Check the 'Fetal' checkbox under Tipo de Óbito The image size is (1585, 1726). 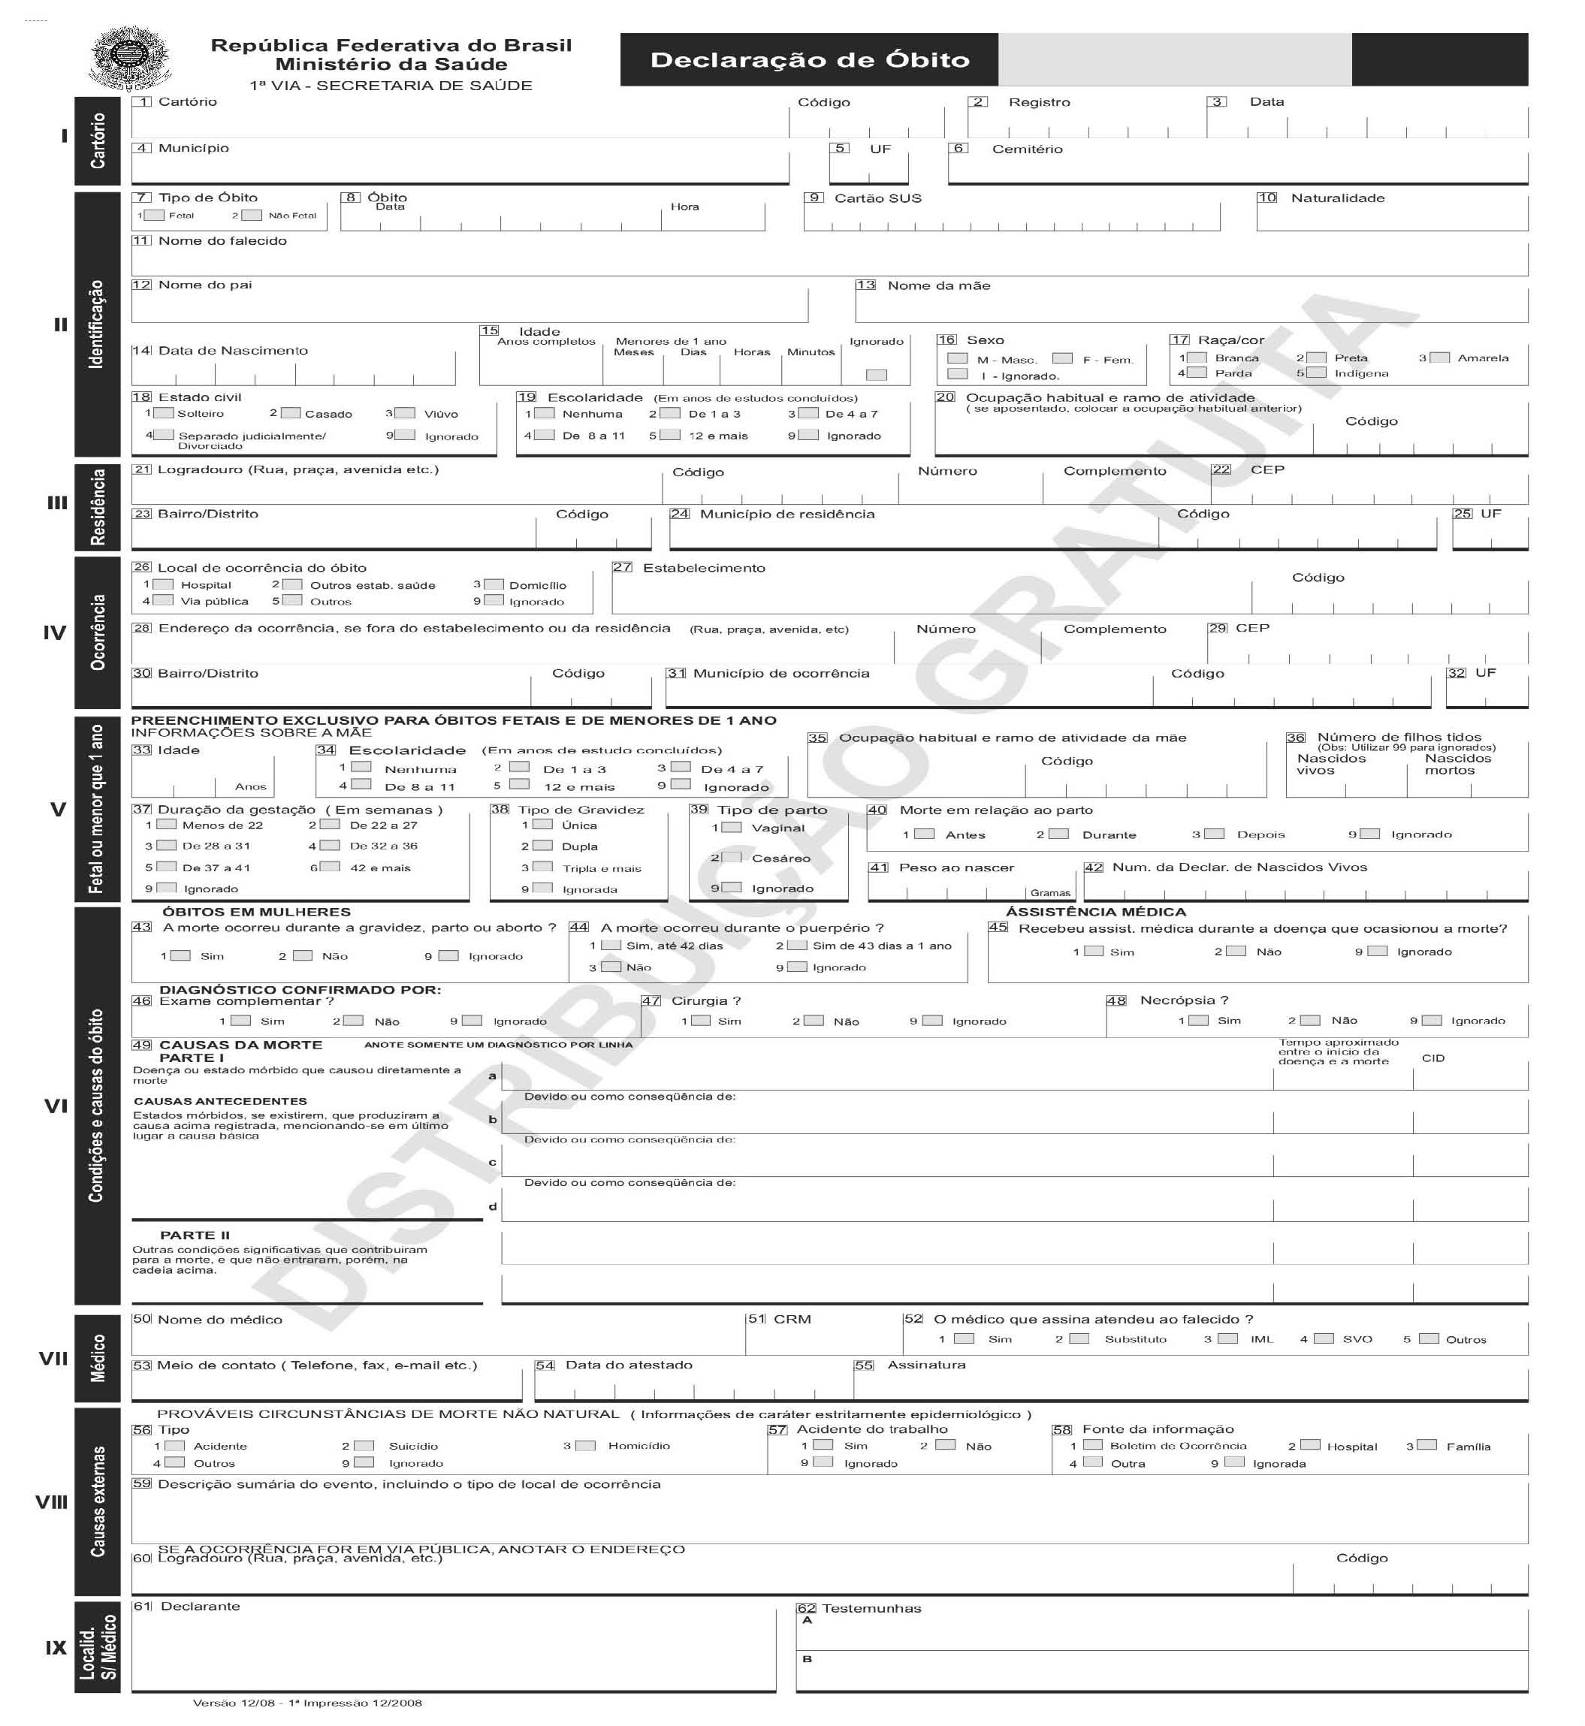pos(155,216)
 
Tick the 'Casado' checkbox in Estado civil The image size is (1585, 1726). pos(291,413)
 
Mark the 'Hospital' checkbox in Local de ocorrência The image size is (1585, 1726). pos(164,585)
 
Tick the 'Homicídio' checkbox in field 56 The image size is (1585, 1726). pos(586,1446)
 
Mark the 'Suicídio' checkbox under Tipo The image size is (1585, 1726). pos(364,1446)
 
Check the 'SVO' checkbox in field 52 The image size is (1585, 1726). pos(1324,1338)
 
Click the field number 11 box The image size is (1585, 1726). pos(140,241)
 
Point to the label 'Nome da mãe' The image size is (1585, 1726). pos(938,285)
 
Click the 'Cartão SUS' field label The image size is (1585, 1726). pos(877,198)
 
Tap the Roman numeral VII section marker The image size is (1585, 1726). pos(53,1358)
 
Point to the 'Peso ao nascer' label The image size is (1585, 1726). pos(956,868)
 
